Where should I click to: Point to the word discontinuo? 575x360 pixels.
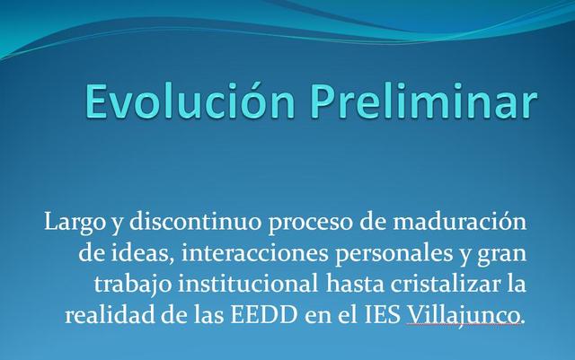(x=169, y=221)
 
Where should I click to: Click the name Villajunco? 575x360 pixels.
(x=463, y=316)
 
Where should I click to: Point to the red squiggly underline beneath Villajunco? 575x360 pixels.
(x=463, y=326)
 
